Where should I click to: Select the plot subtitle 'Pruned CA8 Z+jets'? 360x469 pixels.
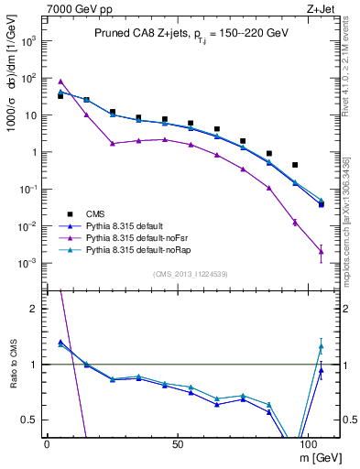(137, 34)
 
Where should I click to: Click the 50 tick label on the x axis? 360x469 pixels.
(180, 442)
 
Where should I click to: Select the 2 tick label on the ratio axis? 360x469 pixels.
(35, 310)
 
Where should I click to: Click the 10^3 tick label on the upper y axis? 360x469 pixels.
(29, 41)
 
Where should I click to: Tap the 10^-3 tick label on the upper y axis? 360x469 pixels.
(29, 263)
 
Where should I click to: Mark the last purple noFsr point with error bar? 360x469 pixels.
(321, 251)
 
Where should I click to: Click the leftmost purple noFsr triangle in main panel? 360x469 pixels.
(60, 82)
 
